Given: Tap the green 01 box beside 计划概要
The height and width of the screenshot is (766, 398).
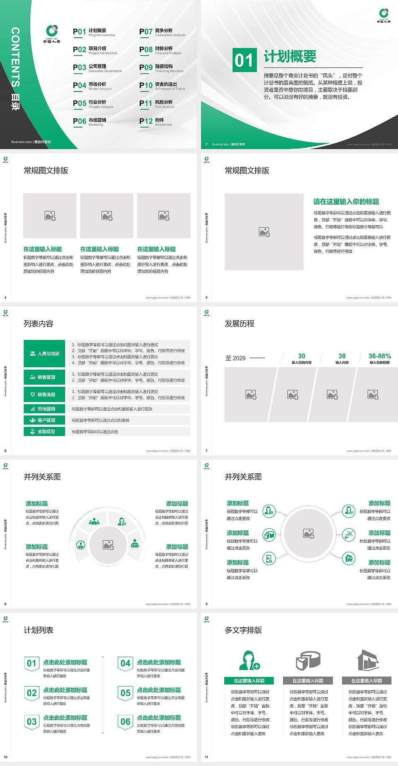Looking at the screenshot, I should pyautogui.click(x=245, y=60).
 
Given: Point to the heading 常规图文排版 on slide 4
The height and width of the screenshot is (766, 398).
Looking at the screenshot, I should pyautogui.click(x=46, y=171).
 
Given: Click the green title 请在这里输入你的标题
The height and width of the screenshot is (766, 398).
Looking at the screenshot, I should pyautogui.click(x=346, y=202).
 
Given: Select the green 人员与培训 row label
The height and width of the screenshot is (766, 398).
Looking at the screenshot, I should pyautogui.click(x=44, y=354).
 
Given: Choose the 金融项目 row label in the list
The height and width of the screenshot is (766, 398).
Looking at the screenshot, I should pyautogui.click(x=44, y=431).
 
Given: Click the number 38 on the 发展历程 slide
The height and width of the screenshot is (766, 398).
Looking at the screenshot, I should pyautogui.click(x=342, y=356).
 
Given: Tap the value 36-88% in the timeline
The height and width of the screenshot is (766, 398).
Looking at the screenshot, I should pyautogui.click(x=379, y=356).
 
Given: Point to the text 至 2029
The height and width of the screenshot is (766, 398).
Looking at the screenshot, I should pyautogui.click(x=235, y=358).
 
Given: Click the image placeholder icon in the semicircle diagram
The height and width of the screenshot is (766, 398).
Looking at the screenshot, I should pyautogui.click(x=108, y=545).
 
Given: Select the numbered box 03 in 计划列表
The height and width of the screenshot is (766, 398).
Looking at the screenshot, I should pyautogui.click(x=32, y=722).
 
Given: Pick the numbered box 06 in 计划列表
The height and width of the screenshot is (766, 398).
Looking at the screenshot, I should pyautogui.click(x=126, y=722).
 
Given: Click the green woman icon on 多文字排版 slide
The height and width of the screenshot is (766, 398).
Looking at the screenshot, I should pyautogui.click(x=249, y=660).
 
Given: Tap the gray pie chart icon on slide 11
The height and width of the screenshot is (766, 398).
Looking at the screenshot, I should pyautogui.click(x=308, y=660).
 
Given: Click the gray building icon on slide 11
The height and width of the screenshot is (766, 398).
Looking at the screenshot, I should pyautogui.click(x=368, y=660).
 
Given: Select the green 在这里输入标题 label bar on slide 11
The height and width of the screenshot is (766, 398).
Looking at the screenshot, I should pyautogui.click(x=249, y=681).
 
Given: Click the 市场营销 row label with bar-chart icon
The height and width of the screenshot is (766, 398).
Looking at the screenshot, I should pyautogui.click(x=44, y=409).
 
